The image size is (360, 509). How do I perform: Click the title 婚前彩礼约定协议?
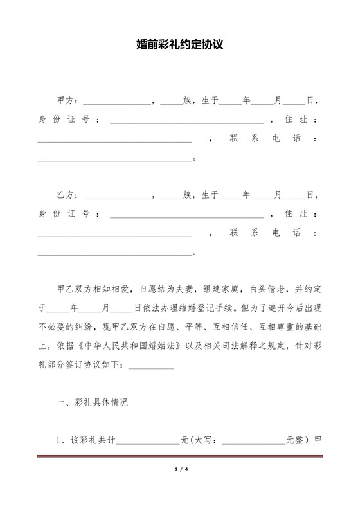coord(180,46)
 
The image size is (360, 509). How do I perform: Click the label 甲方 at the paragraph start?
coord(67,101)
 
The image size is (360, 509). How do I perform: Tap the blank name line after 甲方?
coord(116,102)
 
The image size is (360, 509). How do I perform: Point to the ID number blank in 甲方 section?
coord(187,121)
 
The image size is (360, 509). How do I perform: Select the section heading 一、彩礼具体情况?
coord(93,403)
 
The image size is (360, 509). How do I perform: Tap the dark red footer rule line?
coord(180,457)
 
